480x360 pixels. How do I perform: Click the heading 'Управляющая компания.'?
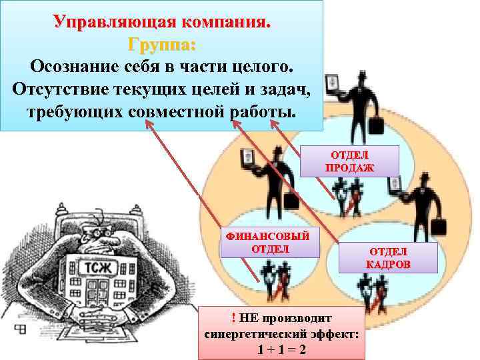[x=163, y=21]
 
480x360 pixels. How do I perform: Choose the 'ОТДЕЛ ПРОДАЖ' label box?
[x=349, y=161]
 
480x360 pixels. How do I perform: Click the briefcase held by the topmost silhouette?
[x=376, y=125]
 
